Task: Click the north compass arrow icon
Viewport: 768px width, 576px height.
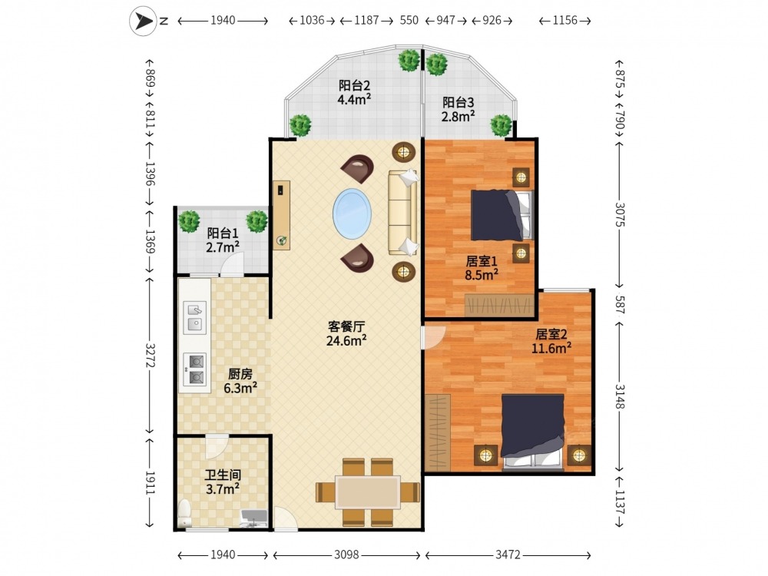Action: pyautogui.click(x=143, y=21)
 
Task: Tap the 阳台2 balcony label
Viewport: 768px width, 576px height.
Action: pyautogui.click(x=354, y=86)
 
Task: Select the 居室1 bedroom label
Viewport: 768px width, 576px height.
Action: pyautogui.click(x=482, y=261)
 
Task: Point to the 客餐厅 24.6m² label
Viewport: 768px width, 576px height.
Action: pyautogui.click(x=347, y=333)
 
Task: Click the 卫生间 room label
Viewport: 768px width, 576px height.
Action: pyautogui.click(x=223, y=475)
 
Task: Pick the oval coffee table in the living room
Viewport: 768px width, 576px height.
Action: pyautogui.click(x=353, y=214)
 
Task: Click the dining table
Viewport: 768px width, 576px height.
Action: pyautogui.click(x=368, y=492)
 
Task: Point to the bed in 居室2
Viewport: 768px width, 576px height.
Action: pyautogui.click(x=532, y=431)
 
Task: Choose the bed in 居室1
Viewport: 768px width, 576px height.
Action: pyautogui.click(x=501, y=216)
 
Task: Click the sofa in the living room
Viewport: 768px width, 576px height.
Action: pyautogui.click(x=403, y=213)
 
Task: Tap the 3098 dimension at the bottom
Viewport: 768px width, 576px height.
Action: pyautogui.click(x=347, y=555)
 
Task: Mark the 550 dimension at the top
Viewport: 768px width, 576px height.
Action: pyautogui.click(x=409, y=20)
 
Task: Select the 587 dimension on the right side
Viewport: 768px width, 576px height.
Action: pyautogui.click(x=620, y=304)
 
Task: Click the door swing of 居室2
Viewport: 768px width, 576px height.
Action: pyautogui.click(x=433, y=337)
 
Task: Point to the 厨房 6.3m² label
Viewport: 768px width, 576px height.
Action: pyautogui.click(x=240, y=381)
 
